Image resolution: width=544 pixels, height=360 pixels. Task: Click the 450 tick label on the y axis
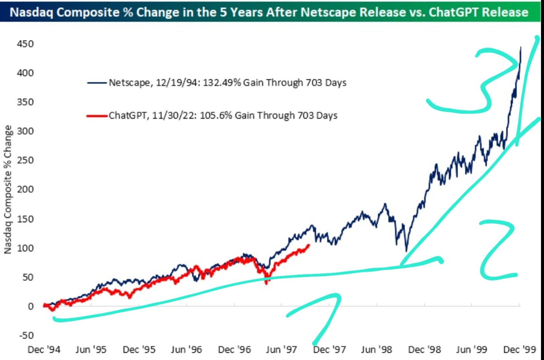(25, 44)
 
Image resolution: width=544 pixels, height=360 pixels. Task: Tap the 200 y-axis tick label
(25, 189)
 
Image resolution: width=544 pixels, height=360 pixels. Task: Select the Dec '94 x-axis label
(44, 350)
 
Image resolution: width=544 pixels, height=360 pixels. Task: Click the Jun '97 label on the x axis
(281, 350)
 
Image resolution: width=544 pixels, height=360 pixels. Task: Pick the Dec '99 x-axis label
(519, 350)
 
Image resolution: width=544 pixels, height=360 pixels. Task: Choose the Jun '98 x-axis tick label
(376, 350)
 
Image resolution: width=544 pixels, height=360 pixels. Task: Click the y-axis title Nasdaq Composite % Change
(8, 189)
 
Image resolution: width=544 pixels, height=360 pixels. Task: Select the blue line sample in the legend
(97, 82)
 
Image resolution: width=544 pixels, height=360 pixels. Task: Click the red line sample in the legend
(97, 116)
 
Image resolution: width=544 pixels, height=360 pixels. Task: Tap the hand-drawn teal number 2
(498, 250)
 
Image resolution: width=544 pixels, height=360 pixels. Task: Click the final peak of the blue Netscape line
(521, 48)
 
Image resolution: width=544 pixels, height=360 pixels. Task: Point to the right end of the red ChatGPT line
(308, 245)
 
